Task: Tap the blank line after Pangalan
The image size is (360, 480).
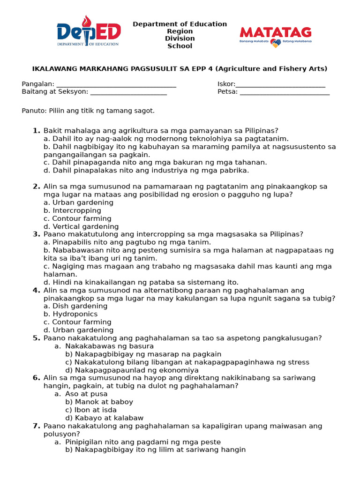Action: [116, 84]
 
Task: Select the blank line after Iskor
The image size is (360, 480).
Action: [280, 84]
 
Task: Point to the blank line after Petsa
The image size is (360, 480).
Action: [285, 92]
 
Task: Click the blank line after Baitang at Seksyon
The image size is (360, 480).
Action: [128, 92]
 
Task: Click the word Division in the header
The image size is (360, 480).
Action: [180, 39]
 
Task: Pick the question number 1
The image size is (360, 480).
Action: [37, 131]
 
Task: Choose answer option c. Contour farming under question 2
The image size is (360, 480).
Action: [77, 219]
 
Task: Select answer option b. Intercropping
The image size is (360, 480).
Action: [72, 211]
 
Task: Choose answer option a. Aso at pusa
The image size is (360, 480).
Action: [81, 394]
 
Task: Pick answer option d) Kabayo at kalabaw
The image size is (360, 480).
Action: [104, 418]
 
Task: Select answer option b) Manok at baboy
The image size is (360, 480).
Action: [99, 402]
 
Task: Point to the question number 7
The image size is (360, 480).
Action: [37, 426]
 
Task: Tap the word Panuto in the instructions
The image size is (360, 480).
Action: [33, 111]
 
